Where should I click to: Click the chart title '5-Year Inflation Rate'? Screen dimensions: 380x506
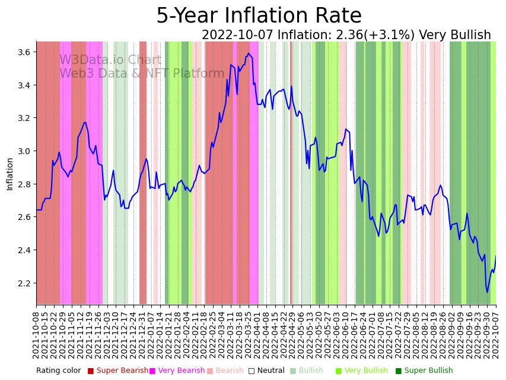(259, 16)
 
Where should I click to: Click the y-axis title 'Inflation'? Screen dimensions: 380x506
(9, 174)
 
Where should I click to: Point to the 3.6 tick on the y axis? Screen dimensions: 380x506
(24, 52)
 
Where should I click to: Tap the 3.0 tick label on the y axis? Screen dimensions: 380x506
(24, 151)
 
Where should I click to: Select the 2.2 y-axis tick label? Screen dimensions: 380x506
(24, 283)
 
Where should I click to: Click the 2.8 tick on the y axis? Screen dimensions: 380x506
(24, 184)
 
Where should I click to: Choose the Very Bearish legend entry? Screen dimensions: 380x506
(177, 371)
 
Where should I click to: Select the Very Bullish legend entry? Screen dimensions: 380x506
(365, 371)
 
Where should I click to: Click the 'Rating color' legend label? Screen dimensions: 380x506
(58, 371)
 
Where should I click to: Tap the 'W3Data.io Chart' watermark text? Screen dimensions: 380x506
(110, 60)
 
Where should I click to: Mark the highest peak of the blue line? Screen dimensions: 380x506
(249, 53)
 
